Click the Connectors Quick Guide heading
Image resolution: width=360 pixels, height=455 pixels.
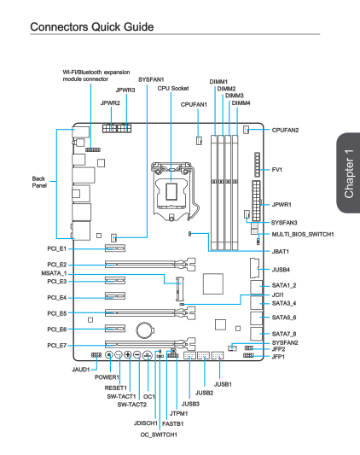pos(92,26)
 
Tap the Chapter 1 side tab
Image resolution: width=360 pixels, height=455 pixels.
pos(348,173)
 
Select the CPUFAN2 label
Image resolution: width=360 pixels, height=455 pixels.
pos(285,130)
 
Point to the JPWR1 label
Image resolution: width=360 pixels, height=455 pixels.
pos(282,205)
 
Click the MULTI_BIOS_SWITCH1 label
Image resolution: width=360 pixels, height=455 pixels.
pos(303,234)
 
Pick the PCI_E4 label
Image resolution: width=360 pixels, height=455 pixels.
pos(57,298)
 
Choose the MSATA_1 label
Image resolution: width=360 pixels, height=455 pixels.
pos(54,273)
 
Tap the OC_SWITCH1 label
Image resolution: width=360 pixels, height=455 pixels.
pos(159,435)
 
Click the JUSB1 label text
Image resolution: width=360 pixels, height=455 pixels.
pos(223,384)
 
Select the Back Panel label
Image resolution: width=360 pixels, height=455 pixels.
pos(39,182)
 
